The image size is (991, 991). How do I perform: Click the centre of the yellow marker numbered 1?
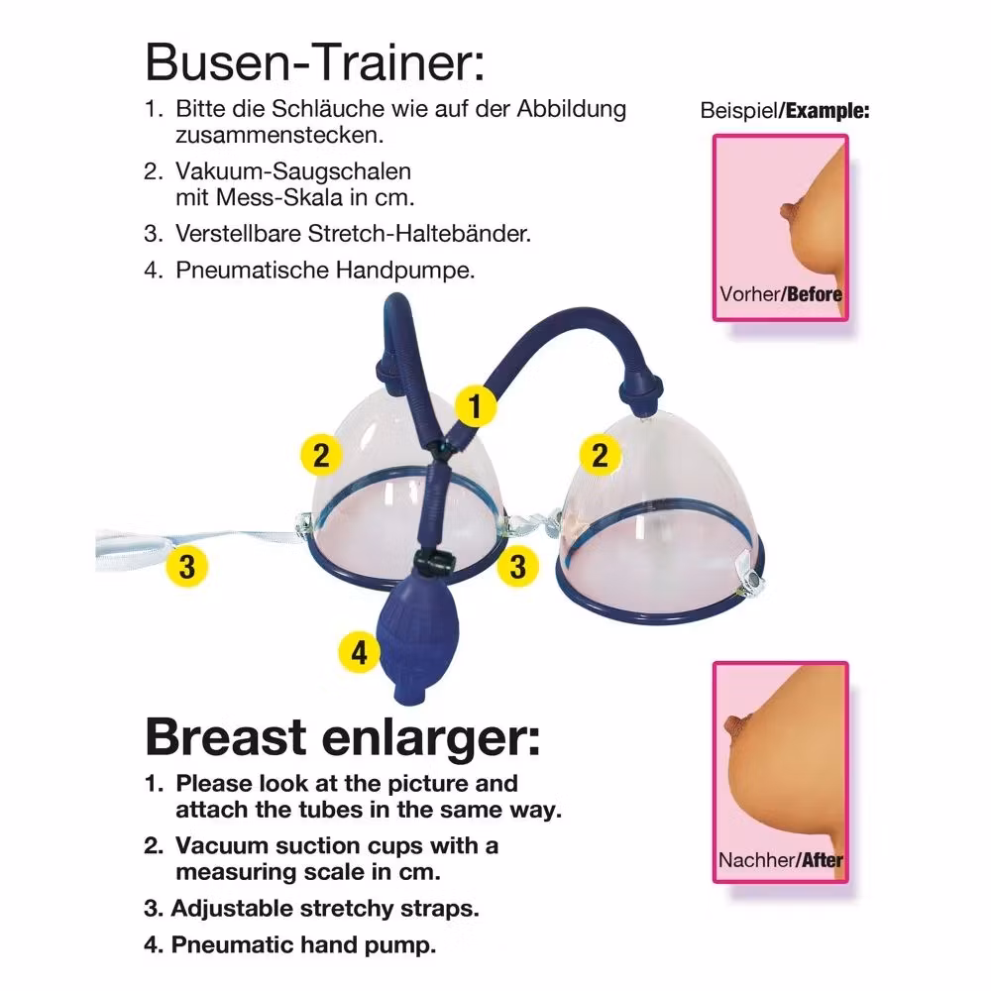pyautogui.click(x=476, y=405)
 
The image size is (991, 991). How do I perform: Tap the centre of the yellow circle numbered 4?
pyautogui.click(x=359, y=652)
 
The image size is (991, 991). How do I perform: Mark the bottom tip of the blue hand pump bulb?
pyautogui.click(x=410, y=701)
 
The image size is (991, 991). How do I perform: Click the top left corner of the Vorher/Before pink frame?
pyautogui.click(x=714, y=135)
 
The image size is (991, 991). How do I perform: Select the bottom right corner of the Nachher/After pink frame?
pyautogui.click(x=848, y=882)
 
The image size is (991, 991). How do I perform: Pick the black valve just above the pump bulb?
pyautogui.click(x=435, y=562)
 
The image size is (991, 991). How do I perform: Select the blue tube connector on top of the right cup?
pyautogui.click(x=642, y=390)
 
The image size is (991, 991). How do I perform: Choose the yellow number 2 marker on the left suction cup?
pyautogui.click(x=321, y=455)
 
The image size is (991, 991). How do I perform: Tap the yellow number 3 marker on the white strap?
pyautogui.click(x=187, y=566)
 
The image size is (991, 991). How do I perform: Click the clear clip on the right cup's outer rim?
pyautogui.click(x=751, y=572)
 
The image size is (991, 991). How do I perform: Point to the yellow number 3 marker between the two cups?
pyautogui.click(x=517, y=566)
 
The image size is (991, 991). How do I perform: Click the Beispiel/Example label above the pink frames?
pyautogui.click(x=784, y=111)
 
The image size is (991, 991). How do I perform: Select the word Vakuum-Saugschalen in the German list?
pyautogui.click(x=293, y=171)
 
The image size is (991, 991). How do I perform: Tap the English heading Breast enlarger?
pyautogui.click(x=343, y=736)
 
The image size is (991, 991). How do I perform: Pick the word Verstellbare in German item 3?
pyautogui.click(x=238, y=233)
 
